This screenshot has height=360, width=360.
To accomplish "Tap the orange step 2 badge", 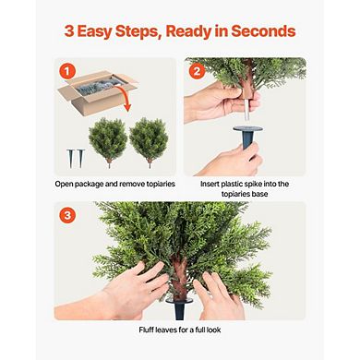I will point(197,70).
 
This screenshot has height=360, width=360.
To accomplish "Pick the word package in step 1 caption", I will point(105,184).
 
